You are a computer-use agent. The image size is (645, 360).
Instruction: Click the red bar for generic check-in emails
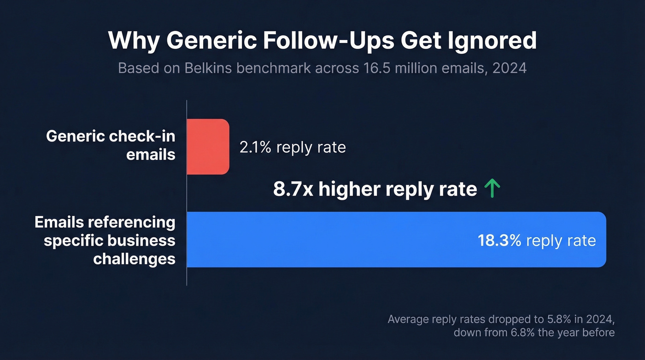tap(208, 147)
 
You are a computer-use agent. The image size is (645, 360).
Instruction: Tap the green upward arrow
tap(492, 189)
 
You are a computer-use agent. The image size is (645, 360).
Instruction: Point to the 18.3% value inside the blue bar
tap(499, 240)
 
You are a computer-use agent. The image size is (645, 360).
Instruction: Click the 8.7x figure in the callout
tap(293, 189)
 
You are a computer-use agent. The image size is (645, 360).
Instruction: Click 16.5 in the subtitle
tap(375, 68)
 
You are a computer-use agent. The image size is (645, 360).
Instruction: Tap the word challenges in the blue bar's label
tap(134, 259)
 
